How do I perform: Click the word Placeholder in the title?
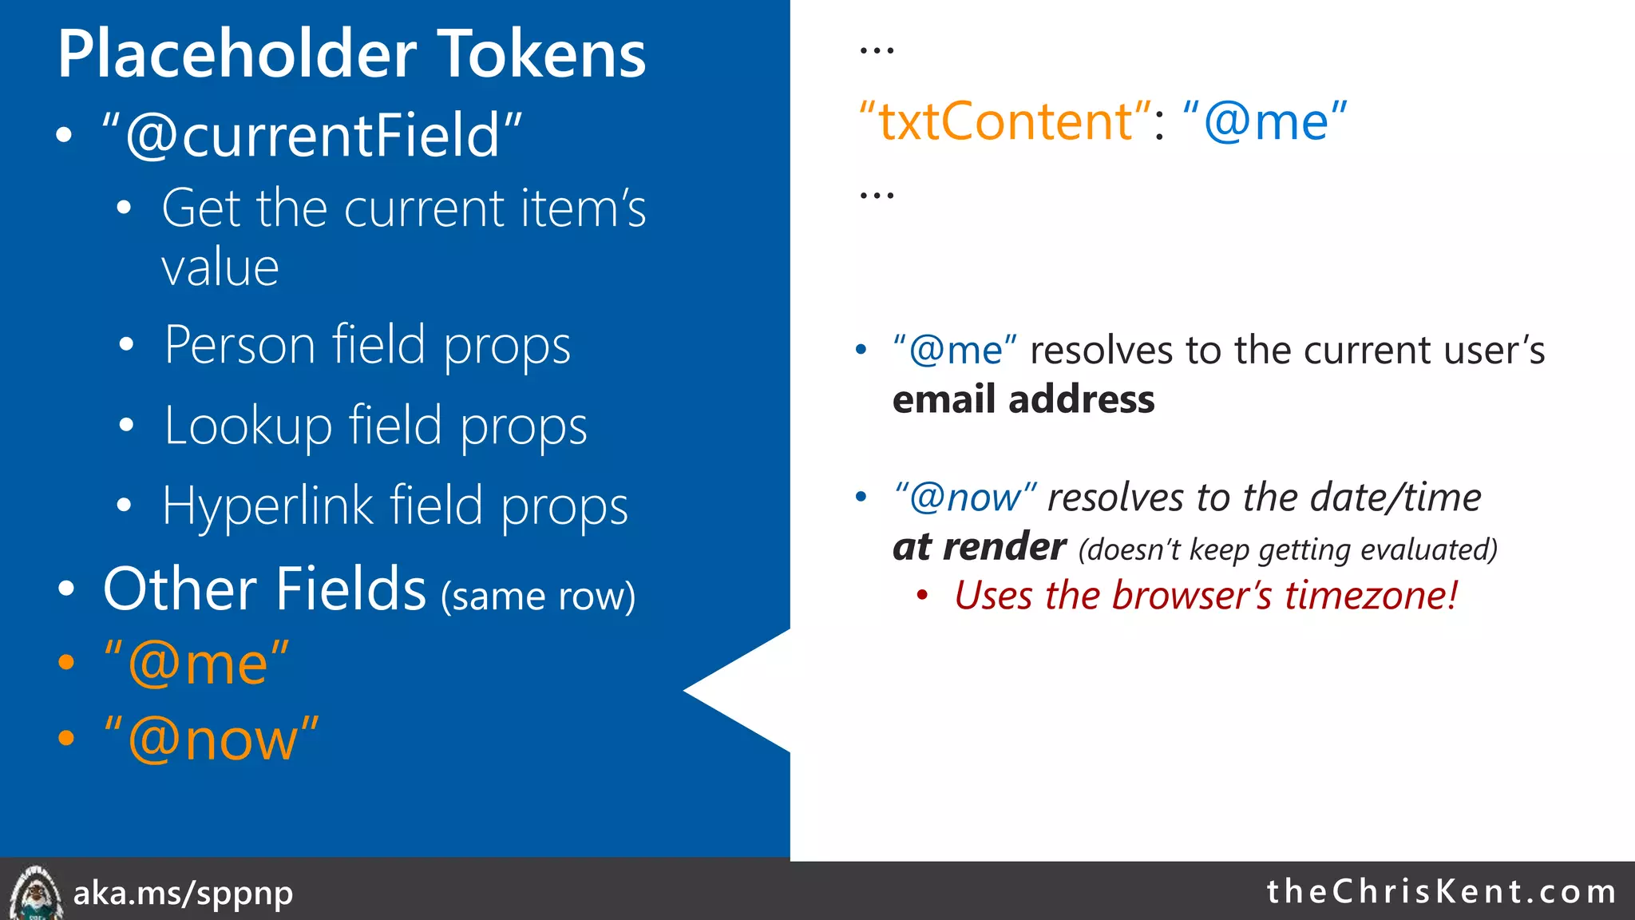(236, 54)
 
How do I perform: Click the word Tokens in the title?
(542, 54)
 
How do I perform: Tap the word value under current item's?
(220, 268)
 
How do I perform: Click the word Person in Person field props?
(240, 346)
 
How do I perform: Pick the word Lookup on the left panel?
(247, 426)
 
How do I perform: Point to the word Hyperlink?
(267, 506)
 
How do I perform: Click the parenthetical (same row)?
(538, 596)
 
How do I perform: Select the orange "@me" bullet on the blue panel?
(196, 663)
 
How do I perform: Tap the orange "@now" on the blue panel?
(212, 740)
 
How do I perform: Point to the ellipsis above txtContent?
(876, 51)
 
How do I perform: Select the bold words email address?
(1023, 399)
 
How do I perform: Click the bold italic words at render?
(979, 547)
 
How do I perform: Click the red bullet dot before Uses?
(922, 596)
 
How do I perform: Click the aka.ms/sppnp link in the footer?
(183, 893)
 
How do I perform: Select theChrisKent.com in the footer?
(1441, 891)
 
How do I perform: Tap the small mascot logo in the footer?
(35, 893)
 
